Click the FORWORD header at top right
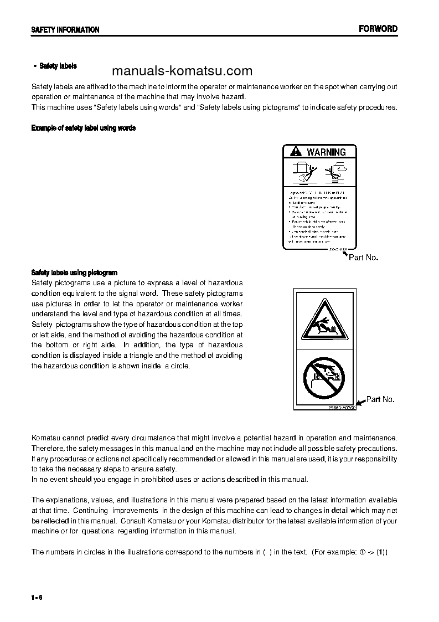378,29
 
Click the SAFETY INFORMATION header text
65,30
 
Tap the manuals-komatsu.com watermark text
182,71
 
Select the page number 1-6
37,597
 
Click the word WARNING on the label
326,152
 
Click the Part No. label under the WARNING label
363,258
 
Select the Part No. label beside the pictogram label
380,399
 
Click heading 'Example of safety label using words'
84,128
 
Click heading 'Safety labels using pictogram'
74,273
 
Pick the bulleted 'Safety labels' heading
58,66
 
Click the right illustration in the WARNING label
334,172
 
